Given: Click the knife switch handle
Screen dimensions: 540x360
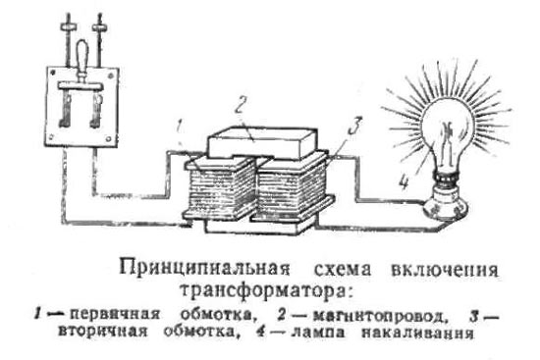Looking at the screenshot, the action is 82,59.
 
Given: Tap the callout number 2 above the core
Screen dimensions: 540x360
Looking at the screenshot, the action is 241,105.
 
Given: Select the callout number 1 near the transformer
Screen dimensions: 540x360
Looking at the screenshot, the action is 179,127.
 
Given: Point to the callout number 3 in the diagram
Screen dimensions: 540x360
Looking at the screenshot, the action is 355,126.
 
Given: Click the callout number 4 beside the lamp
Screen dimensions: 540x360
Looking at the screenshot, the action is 404,181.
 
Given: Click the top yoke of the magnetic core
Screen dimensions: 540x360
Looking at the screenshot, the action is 263,143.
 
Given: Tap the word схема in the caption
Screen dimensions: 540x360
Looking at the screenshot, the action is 343,270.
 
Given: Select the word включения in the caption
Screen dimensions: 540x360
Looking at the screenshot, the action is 445,270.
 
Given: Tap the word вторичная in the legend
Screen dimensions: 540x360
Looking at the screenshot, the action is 103,332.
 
